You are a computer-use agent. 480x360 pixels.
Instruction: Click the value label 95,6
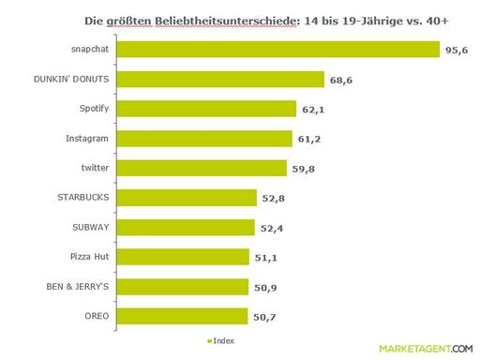point(457,49)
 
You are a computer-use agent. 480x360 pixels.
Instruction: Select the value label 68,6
point(341,79)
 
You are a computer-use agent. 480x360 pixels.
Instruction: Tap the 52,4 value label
point(272,227)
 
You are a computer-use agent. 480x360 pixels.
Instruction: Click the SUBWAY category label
point(92,227)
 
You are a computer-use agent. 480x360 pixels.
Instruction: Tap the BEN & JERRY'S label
point(79,287)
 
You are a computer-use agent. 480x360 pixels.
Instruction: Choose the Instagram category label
point(88,138)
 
